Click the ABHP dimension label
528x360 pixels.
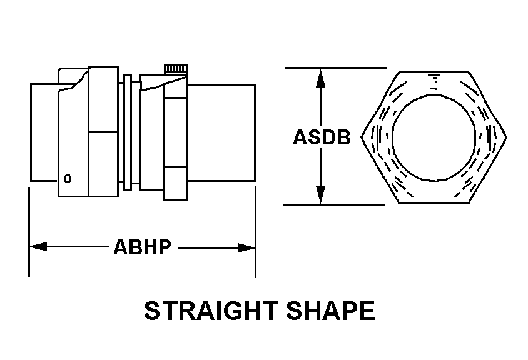click(143, 247)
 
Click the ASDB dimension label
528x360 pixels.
click(322, 137)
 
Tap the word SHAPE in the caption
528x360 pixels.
click(331, 311)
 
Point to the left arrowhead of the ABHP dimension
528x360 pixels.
click(38, 247)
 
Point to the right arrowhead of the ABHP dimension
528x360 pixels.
click(247, 248)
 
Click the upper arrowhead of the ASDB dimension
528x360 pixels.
click(320, 77)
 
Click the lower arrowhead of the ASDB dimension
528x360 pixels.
click(320, 195)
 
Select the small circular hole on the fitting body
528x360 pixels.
click(68, 178)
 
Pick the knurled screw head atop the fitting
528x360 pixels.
click(176, 69)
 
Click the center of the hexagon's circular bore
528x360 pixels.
click(434, 137)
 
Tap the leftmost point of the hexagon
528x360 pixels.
click(362, 137)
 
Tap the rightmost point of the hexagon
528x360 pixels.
click(507, 137)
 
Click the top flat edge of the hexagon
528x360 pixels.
click(434, 72)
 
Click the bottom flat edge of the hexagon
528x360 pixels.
click(434, 203)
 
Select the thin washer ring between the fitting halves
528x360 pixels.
click(128, 132)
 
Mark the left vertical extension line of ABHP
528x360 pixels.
click(29, 232)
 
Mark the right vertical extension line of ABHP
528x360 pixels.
click(256, 232)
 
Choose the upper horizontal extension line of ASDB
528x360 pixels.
click(335, 67)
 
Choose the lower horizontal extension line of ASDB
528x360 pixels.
click(334, 205)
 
